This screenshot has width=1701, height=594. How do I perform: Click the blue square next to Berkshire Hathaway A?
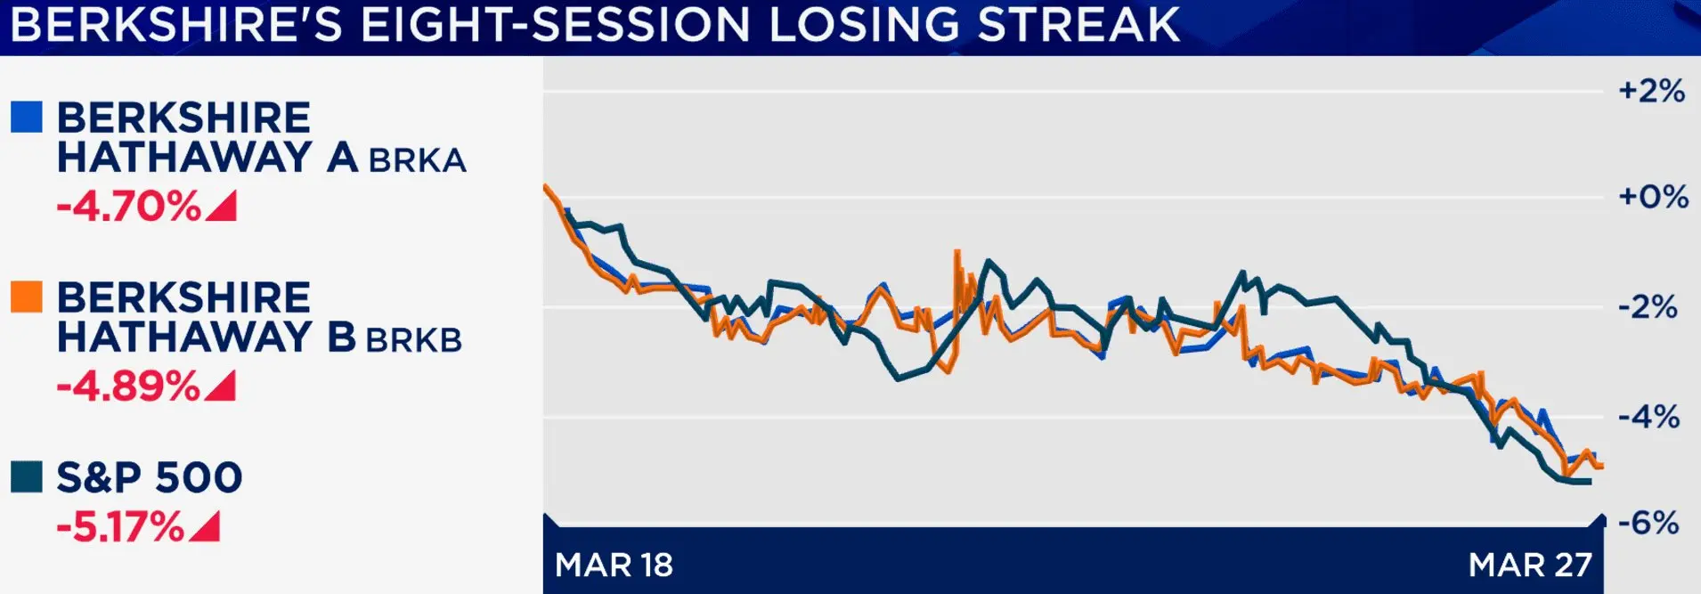click(27, 118)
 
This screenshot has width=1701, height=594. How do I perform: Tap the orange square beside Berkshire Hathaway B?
click(27, 297)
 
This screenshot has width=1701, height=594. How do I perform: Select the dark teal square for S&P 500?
click(27, 476)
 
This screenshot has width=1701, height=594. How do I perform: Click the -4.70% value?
click(129, 207)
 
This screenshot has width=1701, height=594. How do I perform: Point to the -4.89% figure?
click(129, 387)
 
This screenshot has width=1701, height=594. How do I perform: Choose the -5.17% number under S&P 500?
click(120, 526)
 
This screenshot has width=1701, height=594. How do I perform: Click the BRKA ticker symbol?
click(418, 160)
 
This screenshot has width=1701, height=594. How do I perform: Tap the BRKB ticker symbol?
click(414, 340)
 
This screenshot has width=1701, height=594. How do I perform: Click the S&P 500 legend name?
click(150, 477)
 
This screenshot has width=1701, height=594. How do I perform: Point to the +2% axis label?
click(1651, 91)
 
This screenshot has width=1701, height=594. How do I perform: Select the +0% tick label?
click(1653, 197)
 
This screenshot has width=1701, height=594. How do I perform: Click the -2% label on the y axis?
click(1648, 308)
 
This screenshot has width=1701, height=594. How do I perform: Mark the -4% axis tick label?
click(1648, 417)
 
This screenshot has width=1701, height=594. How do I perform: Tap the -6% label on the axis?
click(1648, 523)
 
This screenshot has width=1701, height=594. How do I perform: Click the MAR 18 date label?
click(614, 565)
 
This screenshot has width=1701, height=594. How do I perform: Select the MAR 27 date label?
click(1530, 565)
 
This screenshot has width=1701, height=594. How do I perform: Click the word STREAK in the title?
click(1078, 25)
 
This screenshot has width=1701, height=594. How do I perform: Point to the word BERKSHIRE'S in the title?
click(176, 25)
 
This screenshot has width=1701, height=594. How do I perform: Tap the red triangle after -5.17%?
click(207, 528)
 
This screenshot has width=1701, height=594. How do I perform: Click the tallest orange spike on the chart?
click(957, 254)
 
